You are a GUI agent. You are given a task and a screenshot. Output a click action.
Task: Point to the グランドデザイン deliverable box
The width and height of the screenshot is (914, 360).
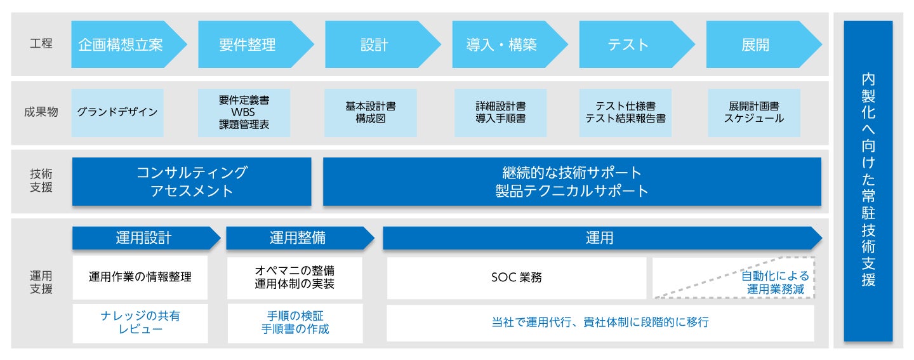117,112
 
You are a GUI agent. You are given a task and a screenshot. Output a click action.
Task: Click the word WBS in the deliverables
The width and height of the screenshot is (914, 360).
244,112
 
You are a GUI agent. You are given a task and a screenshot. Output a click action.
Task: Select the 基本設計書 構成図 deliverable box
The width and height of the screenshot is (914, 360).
371,112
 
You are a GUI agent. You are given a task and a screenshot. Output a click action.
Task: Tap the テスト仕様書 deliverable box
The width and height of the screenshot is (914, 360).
626,112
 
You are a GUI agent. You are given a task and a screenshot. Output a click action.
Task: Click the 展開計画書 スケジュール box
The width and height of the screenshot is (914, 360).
754,112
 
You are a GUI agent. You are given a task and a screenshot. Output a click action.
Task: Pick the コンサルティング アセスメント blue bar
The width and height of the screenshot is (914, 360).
192,182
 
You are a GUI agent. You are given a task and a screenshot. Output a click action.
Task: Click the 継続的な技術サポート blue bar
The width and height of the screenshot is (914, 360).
572,182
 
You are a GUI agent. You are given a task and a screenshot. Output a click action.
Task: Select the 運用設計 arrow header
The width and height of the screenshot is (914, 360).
145,238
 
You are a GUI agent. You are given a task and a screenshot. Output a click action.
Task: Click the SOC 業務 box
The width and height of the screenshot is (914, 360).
517,277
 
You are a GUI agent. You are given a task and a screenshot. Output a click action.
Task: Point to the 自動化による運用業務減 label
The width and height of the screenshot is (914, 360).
774,283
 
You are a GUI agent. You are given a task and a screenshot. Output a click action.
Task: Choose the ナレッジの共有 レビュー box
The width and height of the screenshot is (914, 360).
140,323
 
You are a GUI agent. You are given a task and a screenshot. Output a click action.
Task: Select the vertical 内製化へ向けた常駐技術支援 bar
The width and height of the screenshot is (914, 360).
868,181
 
